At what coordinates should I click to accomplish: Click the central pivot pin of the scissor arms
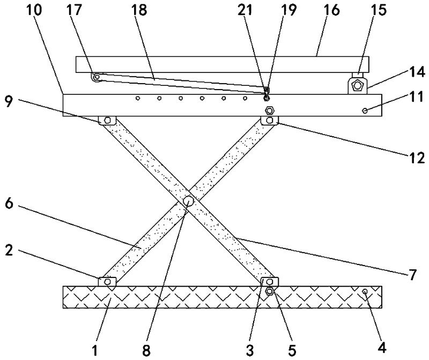coord(189,201)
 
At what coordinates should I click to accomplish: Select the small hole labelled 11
coord(365,110)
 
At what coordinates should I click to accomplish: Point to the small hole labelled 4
coord(365,291)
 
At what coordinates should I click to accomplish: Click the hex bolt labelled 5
coord(270,291)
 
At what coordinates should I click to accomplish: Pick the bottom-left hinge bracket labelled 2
coord(107,281)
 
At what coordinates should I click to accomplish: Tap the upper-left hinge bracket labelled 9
coord(107,120)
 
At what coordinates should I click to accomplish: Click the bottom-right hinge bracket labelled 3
coord(269,281)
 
